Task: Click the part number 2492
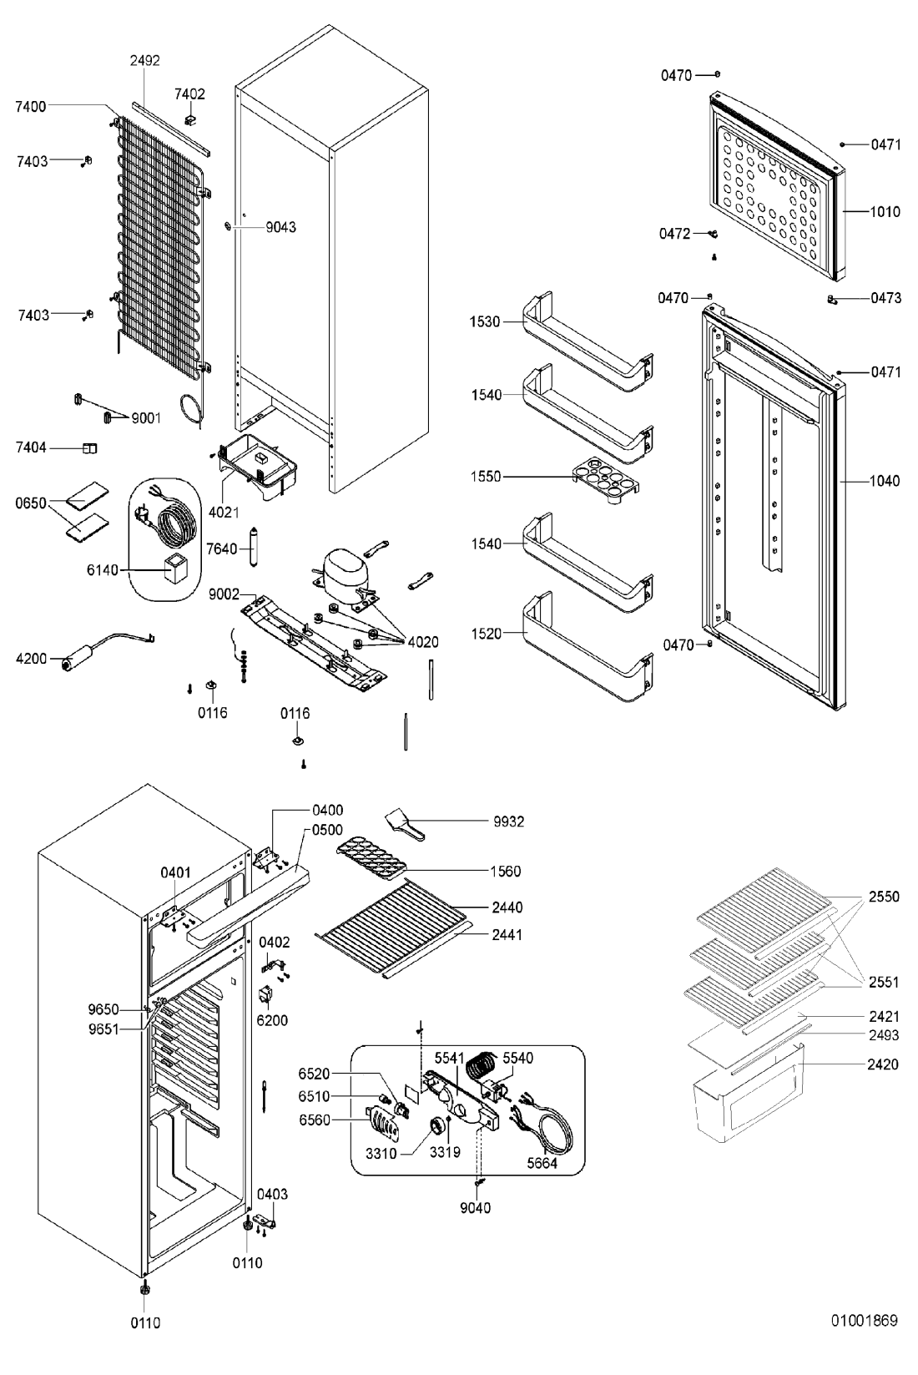tap(145, 60)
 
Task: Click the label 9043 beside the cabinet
tap(280, 227)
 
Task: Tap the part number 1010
tap(885, 212)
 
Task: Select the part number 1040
tap(885, 481)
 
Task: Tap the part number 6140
tap(102, 570)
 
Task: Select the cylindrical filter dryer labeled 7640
tap(254, 547)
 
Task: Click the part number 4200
tap(32, 659)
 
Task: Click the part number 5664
tap(542, 1163)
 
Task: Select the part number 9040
tap(475, 1207)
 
